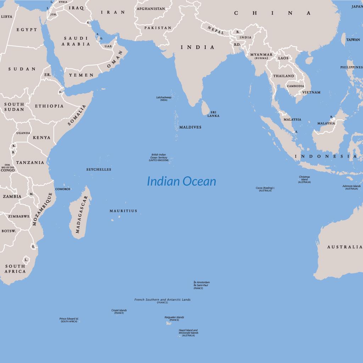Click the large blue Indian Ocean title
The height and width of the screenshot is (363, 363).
point(181,181)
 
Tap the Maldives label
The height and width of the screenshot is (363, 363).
point(190,127)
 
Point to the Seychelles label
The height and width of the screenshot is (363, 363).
point(99,169)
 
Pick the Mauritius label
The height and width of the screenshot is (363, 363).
point(123,211)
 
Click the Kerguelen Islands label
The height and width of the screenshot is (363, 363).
point(174,317)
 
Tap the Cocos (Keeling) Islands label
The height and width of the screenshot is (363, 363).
point(265,188)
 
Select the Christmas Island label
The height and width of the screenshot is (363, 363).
point(304,177)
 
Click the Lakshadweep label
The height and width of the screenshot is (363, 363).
point(163,97)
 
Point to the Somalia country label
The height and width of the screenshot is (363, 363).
point(77,115)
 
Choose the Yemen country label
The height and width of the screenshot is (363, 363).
point(81,75)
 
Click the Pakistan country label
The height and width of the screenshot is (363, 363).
point(158,28)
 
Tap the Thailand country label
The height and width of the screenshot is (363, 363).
point(283,76)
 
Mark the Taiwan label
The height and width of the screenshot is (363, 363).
point(353,40)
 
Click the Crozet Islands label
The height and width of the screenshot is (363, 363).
point(119,311)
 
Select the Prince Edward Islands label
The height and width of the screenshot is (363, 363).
point(69,319)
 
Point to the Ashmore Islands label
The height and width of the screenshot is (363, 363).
point(351,186)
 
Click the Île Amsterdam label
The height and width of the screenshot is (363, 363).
point(202,282)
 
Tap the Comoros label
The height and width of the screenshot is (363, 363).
point(62,189)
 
